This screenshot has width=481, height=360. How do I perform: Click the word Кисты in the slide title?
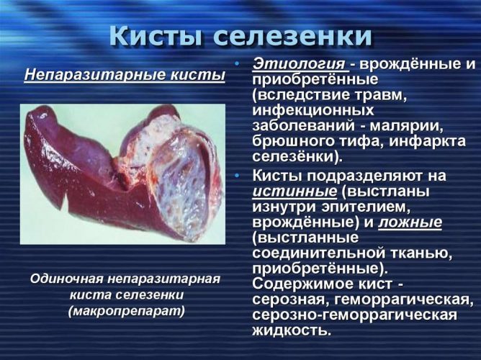tap(156, 35)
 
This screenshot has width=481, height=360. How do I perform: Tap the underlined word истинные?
tap(295, 192)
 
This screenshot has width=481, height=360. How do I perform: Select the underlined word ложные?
tap(410, 222)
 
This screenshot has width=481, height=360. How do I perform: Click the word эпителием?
tap(366, 207)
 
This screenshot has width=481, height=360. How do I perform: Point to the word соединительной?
tap(319, 253)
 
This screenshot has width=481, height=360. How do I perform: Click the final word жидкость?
tap(292, 330)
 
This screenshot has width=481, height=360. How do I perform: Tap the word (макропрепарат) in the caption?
tap(127, 312)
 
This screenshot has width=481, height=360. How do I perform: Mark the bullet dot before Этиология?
tap(236, 64)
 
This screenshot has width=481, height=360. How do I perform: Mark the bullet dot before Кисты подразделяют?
tap(236, 176)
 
